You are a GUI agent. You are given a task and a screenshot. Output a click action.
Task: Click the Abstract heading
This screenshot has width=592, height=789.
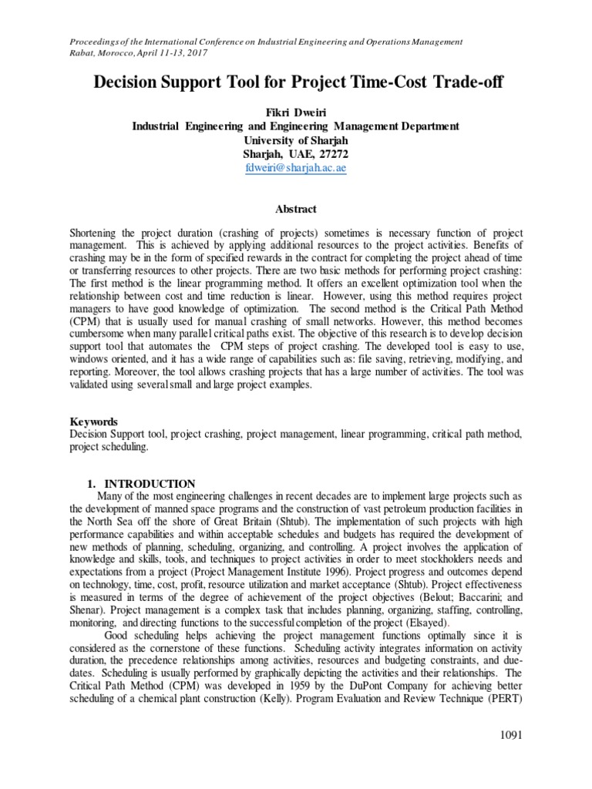295,209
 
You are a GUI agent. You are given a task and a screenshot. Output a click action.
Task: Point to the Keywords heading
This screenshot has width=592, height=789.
93,421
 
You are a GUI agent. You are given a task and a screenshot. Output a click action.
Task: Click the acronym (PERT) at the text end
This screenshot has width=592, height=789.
506,695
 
